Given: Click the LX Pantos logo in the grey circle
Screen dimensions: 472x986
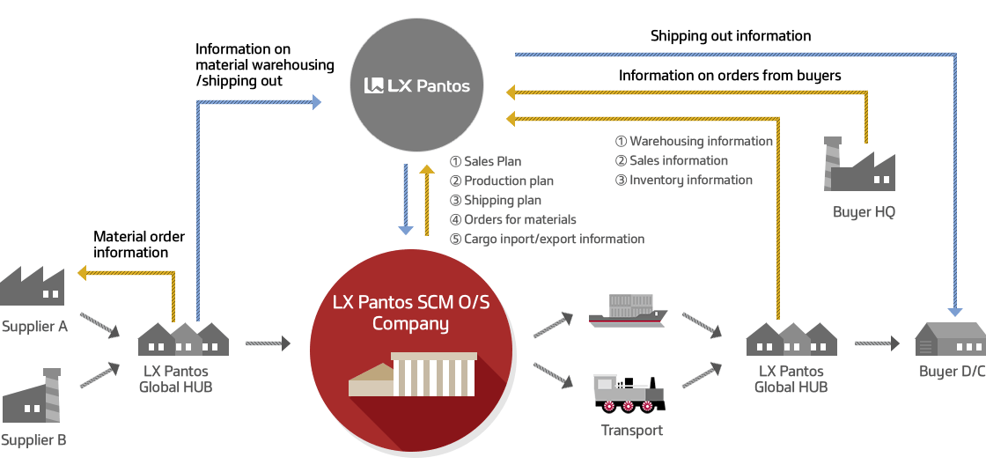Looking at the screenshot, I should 417,85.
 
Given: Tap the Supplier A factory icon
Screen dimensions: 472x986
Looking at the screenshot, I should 32,286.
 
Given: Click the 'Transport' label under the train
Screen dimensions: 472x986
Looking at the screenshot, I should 631,431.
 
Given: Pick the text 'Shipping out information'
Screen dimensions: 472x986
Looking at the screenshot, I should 731,36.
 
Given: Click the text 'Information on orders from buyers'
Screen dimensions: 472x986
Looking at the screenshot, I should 730,76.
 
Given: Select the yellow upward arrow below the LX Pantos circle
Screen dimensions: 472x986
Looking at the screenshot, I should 428,200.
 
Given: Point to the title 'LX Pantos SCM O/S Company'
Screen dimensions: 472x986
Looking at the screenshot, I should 410,313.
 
